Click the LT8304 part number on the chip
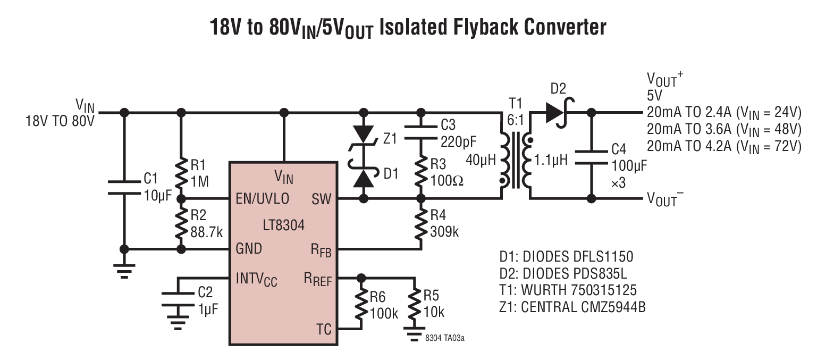(x=283, y=225)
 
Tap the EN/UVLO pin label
(x=262, y=199)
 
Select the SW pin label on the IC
(x=322, y=199)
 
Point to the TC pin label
(x=324, y=329)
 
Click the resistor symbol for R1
(x=181, y=173)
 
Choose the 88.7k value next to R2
(x=206, y=232)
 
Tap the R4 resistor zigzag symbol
(x=421, y=224)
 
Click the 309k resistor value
(x=444, y=232)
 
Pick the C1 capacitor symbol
(x=124, y=187)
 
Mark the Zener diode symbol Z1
(x=364, y=139)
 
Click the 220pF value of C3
(x=458, y=142)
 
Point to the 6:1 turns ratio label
(x=516, y=120)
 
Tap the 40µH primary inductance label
(x=481, y=160)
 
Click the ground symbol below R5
(x=414, y=334)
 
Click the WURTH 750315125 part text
(x=579, y=290)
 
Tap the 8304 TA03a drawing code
(x=444, y=338)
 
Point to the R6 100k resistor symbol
(x=361, y=305)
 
